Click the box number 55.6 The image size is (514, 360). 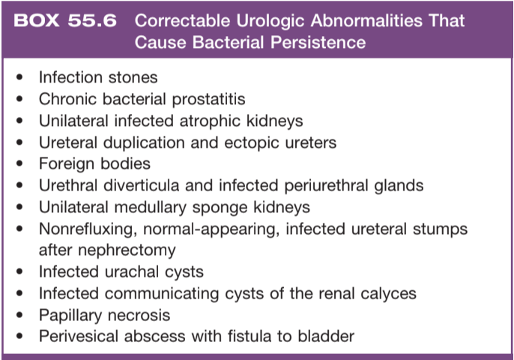point(92,20)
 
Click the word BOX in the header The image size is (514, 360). point(37,20)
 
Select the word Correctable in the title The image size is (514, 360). point(182,20)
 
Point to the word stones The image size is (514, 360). point(133,77)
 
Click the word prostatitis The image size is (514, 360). point(208,99)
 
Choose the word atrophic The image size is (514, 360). point(210,121)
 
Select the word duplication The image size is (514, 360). point(144,142)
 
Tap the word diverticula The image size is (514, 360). point(142,185)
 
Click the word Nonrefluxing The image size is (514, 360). point(88,229)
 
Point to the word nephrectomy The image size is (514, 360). point(127,250)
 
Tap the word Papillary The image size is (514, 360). point(70,315)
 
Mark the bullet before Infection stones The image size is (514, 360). point(19,77)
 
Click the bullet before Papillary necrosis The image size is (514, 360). point(19,315)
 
